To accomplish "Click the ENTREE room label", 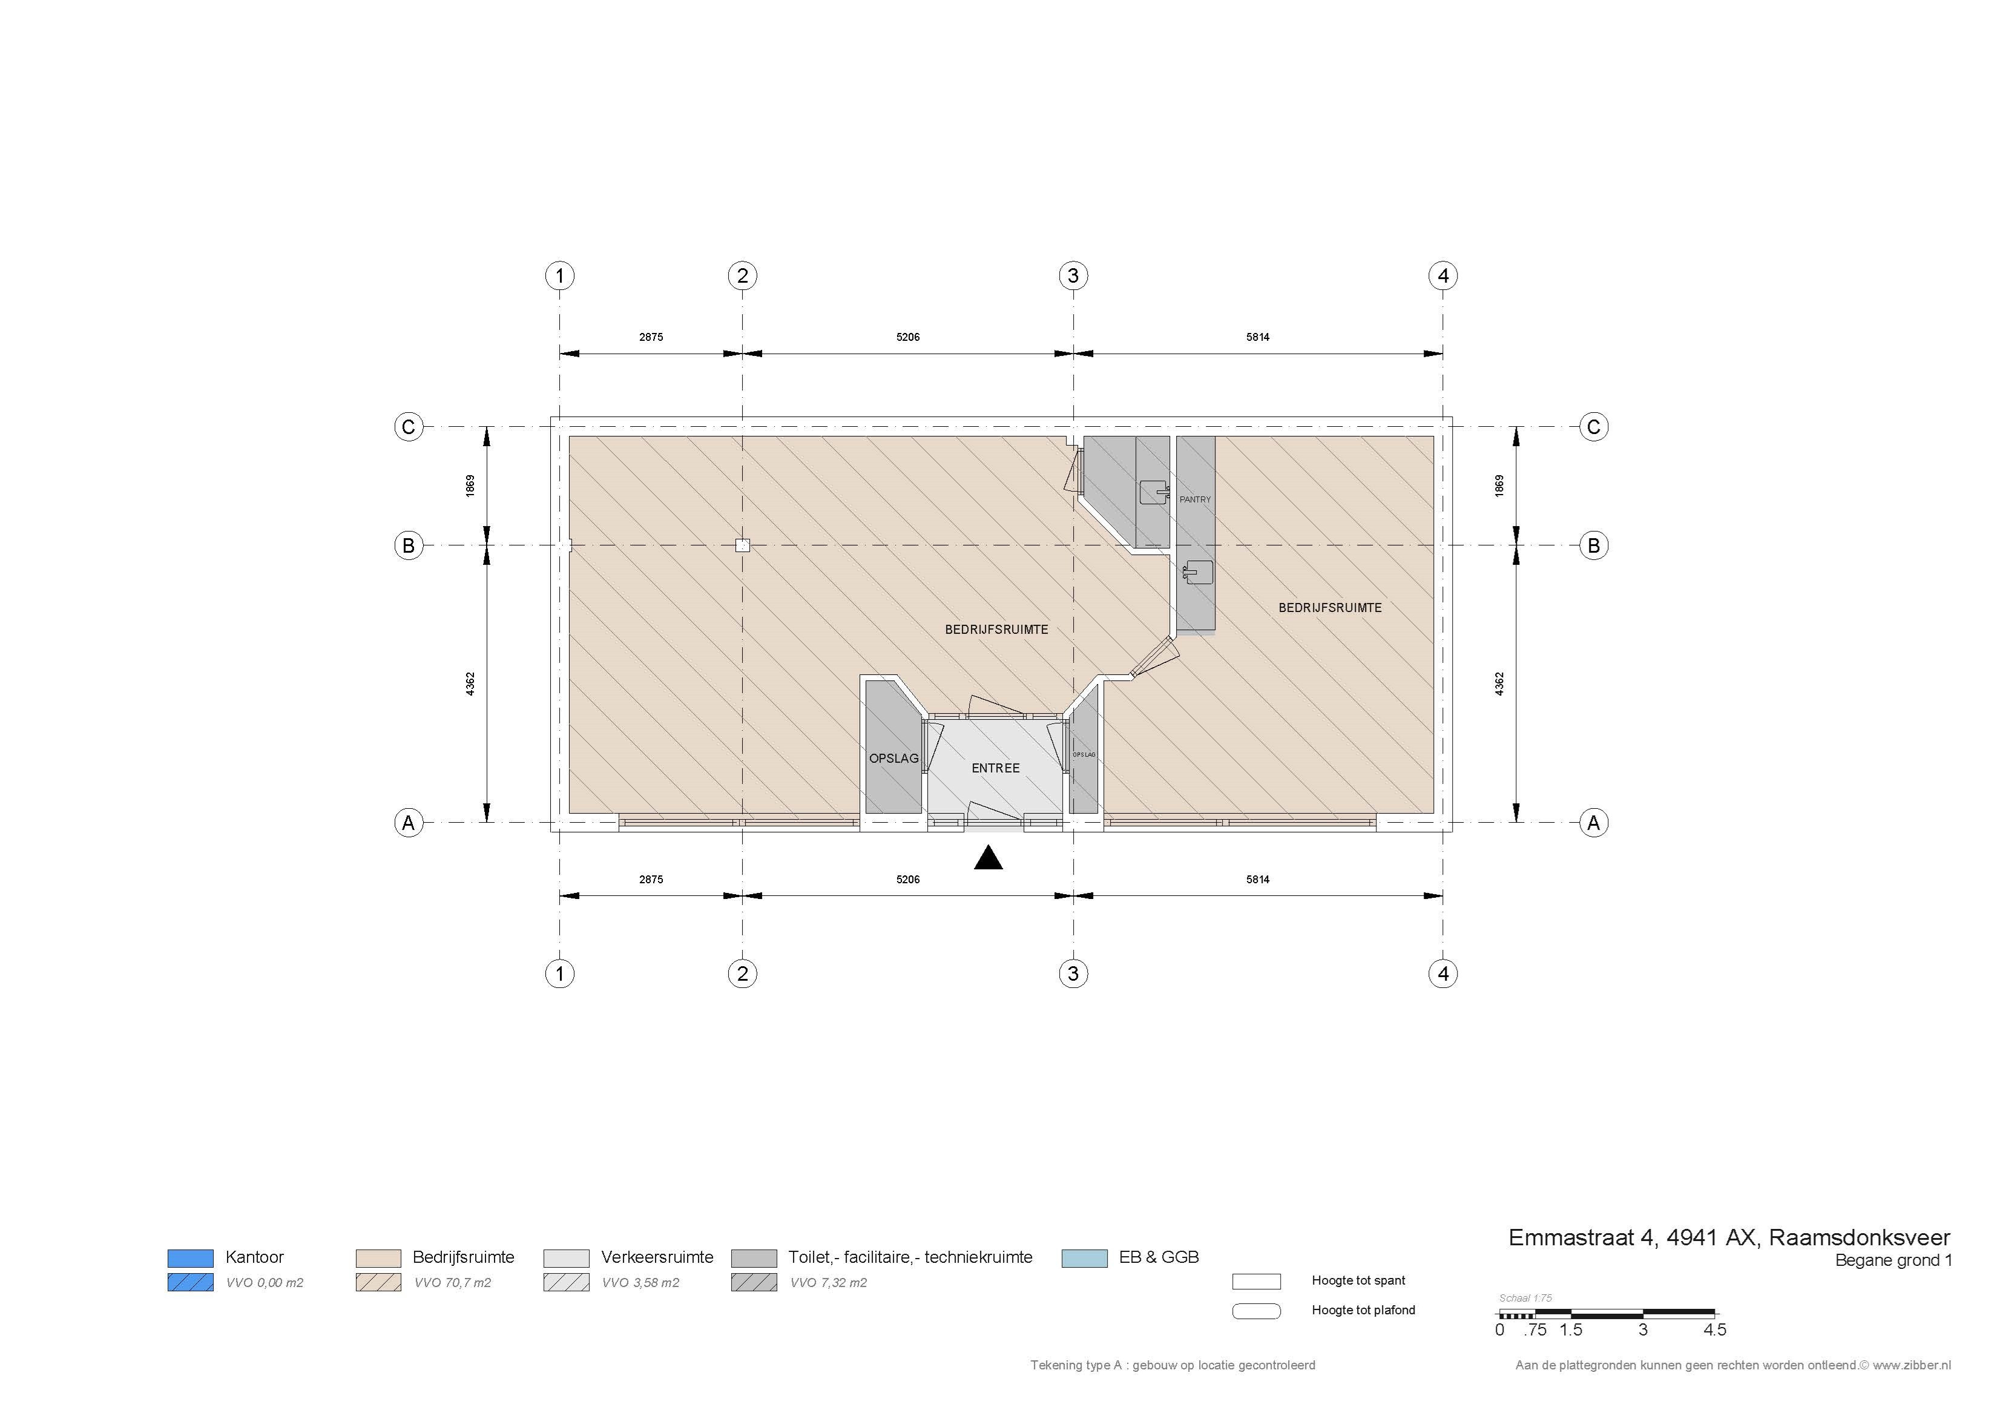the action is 995,768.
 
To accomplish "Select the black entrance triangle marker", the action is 988,858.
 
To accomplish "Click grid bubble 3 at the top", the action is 1073,275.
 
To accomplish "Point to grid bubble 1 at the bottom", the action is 560,973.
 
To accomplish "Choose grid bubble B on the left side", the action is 408,546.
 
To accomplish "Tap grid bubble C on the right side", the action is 1594,427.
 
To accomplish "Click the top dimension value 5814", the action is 1258,337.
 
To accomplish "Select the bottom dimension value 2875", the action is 651,880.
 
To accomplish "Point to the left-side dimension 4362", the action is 470,684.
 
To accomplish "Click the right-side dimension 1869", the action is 1499,486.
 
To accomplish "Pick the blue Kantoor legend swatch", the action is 190,1258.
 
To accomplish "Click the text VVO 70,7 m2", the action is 453,1283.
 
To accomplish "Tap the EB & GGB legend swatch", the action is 1084,1258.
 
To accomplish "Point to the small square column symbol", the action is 742,546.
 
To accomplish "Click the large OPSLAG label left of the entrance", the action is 894,758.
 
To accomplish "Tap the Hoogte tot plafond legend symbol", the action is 1256,1311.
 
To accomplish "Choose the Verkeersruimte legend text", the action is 657,1257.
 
